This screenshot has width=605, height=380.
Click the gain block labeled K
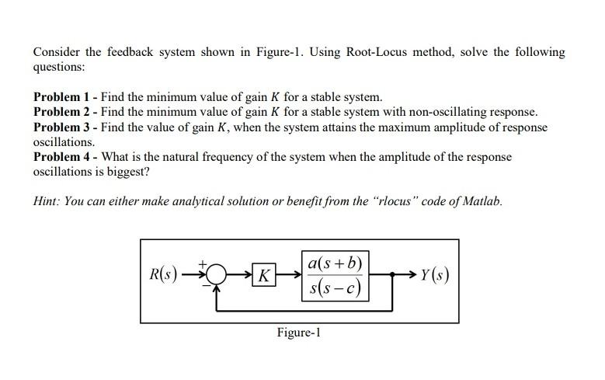(266, 276)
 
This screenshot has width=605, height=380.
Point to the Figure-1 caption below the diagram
(298, 333)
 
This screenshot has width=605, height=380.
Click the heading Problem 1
(61, 98)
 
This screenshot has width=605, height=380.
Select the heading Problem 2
(61, 113)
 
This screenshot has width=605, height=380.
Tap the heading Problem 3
(61, 127)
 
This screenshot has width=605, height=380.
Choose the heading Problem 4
(61, 157)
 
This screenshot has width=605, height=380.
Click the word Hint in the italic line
(46, 200)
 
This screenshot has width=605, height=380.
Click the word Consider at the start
(57, 53)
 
